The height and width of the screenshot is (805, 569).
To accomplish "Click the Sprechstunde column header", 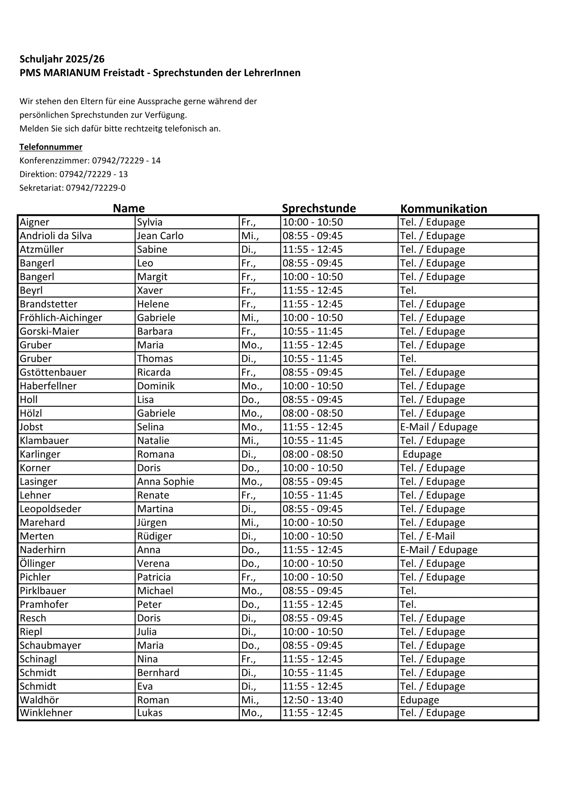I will [319, 208].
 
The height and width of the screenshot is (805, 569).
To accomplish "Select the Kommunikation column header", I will [443, 208].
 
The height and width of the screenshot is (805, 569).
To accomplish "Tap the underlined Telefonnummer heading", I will [51, 147].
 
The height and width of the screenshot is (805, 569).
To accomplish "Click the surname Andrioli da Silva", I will [56, 236].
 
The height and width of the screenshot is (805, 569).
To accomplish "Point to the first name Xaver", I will [150, 290].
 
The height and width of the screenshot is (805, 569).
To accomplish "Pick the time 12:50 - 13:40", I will [312, 700].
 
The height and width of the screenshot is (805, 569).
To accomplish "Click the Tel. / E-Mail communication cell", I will [427, 536].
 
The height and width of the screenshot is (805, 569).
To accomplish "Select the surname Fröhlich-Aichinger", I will [61, 318].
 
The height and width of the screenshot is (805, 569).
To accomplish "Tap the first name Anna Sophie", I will [165, 481].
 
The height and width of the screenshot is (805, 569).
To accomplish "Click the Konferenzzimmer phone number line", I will [90, 161].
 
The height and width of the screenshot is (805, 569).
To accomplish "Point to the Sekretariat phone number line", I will [72, 188].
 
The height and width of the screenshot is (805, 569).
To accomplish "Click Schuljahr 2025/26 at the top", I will [62, 59].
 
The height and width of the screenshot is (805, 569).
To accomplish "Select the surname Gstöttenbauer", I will [53, 372].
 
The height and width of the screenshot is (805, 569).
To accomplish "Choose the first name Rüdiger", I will [155, 536].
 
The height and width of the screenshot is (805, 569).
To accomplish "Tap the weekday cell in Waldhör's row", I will [250, 700].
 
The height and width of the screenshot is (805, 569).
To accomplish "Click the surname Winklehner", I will [46, 713].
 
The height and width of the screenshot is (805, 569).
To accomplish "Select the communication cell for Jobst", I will [438, 427].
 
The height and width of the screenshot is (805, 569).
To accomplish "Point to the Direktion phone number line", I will [74, 174].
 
